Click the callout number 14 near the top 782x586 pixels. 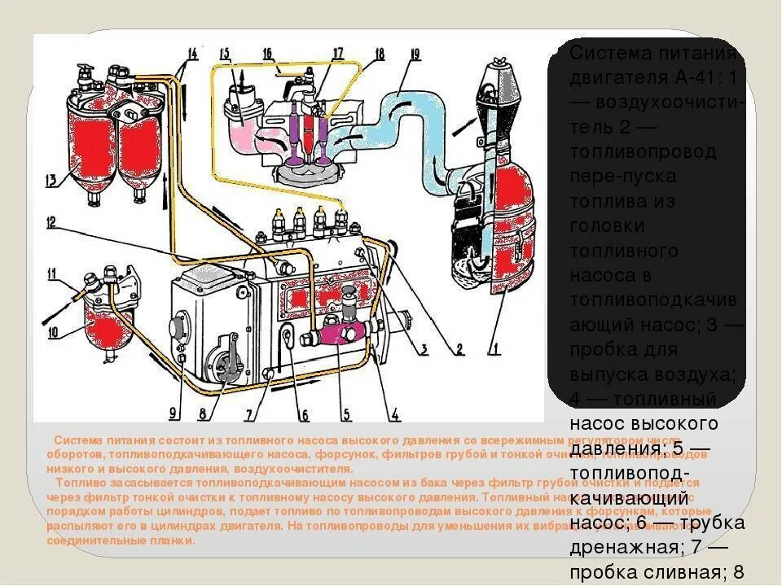(192, 54)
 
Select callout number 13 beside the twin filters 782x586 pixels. (51, 180)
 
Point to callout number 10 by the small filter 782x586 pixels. (51, 331)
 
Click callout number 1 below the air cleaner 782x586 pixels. (494, 350)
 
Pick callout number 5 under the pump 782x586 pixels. (345, 413)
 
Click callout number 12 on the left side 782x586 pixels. (51, 221)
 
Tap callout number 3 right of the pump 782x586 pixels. (423, 350)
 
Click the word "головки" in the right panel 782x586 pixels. (603, 224)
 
